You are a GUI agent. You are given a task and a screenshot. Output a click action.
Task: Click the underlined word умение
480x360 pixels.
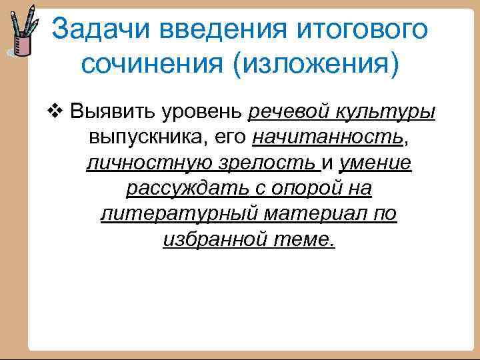(375, 163)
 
